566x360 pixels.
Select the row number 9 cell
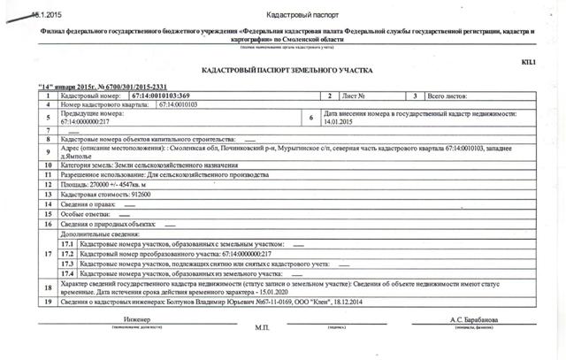[x=47, y=153]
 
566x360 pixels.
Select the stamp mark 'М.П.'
[x=262, y=327]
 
